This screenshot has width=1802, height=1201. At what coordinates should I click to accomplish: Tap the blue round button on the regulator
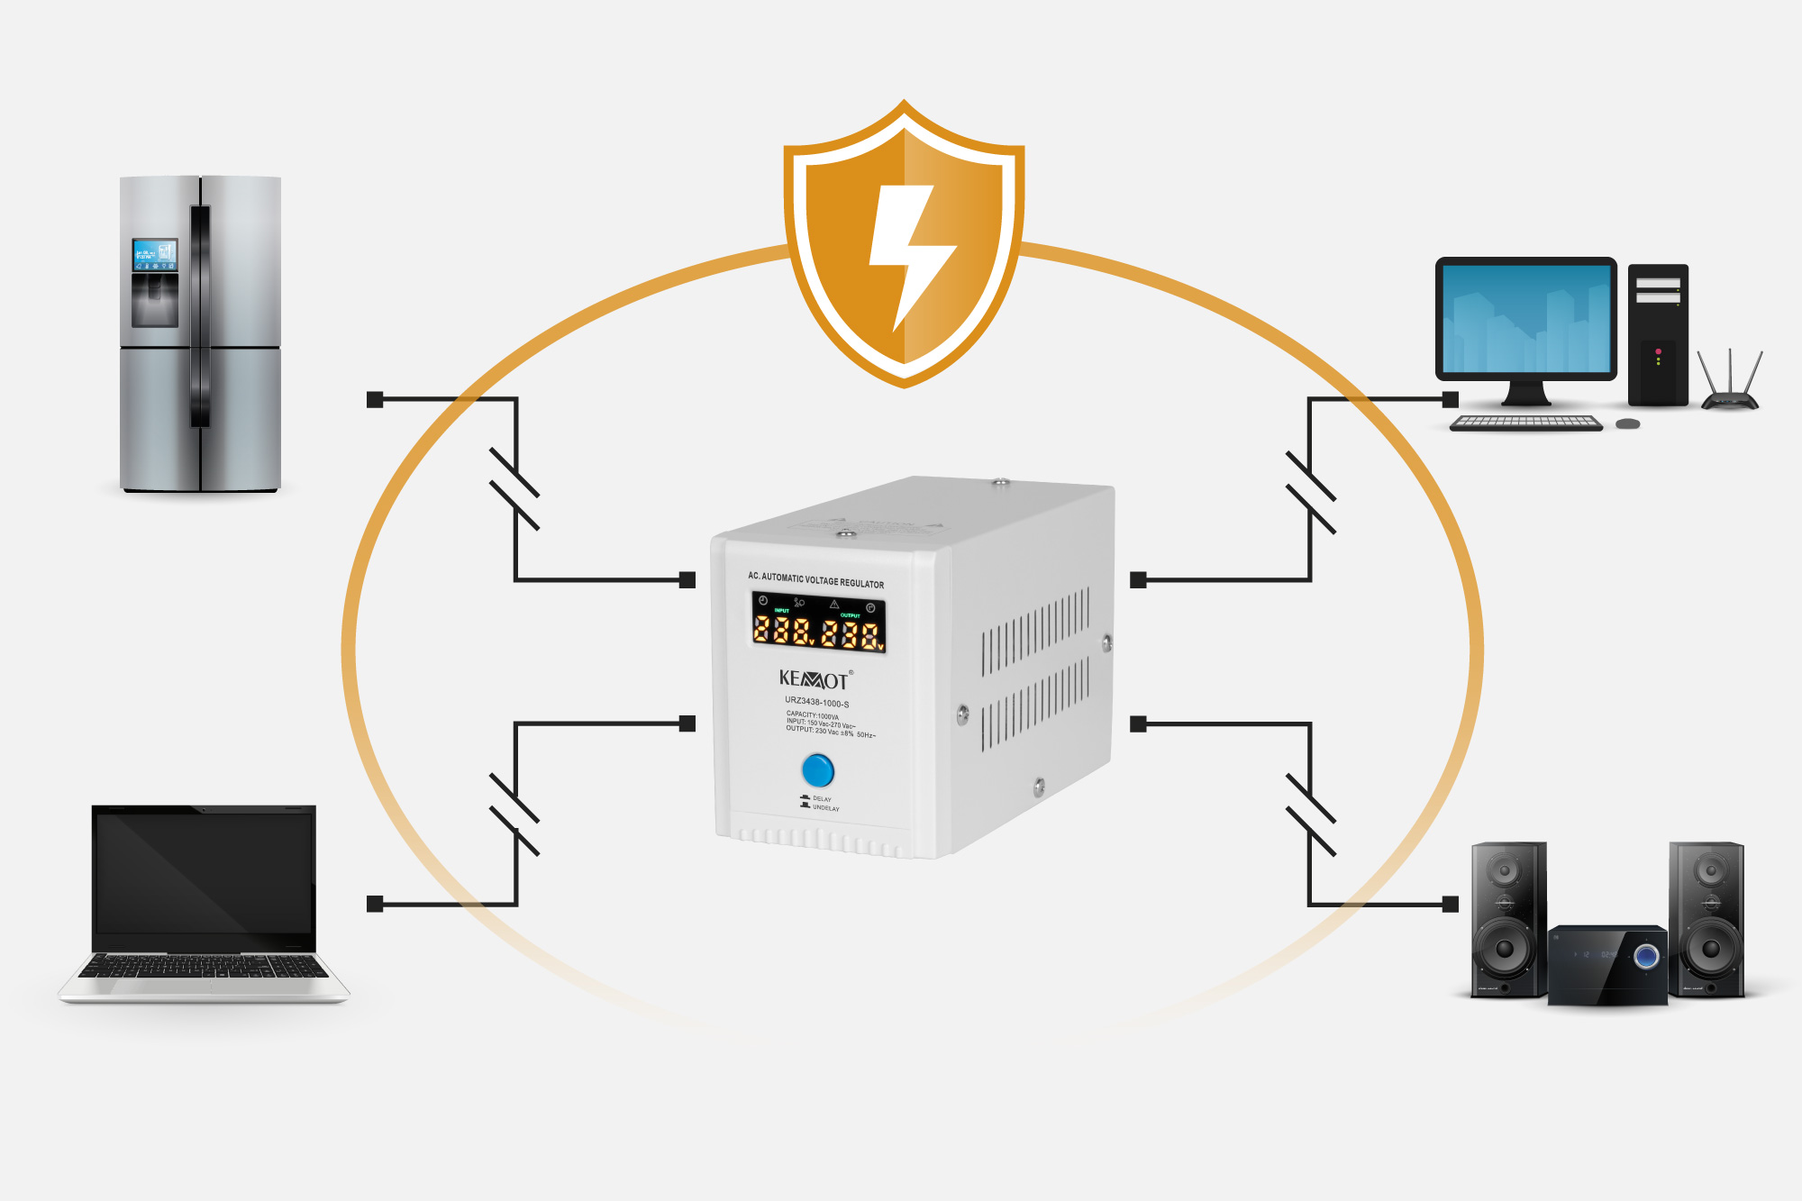click(817, 770)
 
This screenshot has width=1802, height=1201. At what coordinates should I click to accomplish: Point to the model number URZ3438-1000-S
click(816, 703)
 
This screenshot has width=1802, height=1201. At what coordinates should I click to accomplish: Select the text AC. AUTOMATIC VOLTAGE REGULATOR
click(815, 580)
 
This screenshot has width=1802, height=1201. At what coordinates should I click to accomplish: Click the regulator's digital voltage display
click(818, 623)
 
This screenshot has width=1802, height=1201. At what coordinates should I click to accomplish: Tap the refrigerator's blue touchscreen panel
click(154, 255)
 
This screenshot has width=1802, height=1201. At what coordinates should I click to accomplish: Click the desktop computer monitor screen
click(1526, 319)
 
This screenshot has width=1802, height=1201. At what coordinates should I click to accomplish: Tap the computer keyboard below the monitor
click(1526, 423)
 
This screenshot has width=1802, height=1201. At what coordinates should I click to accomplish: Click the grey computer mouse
click(1627, 423)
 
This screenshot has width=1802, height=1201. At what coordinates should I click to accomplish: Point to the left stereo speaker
click(1507, 919)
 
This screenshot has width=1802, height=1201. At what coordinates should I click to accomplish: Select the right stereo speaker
click(1706, 919)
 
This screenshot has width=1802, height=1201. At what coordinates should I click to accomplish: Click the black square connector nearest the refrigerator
click(376, 399)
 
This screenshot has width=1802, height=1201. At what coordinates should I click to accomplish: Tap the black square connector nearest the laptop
click(376, 904)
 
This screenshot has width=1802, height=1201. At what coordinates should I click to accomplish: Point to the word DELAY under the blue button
click(822, 799)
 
